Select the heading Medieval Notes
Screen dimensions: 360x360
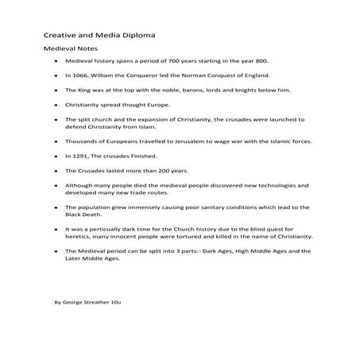click(64, 48)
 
